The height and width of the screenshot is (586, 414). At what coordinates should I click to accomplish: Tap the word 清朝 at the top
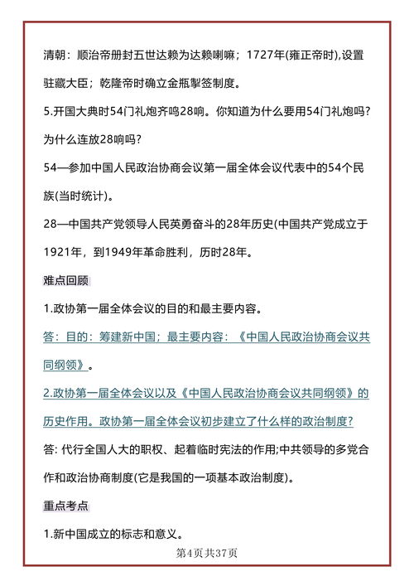click(x=55, y=56)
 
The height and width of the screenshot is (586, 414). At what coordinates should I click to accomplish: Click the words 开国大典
click(x=79, y=113)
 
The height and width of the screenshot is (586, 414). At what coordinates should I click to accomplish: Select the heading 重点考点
click(x=66, y=505)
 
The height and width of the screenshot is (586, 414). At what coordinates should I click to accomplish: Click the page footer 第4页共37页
click(x=207, y=553)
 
